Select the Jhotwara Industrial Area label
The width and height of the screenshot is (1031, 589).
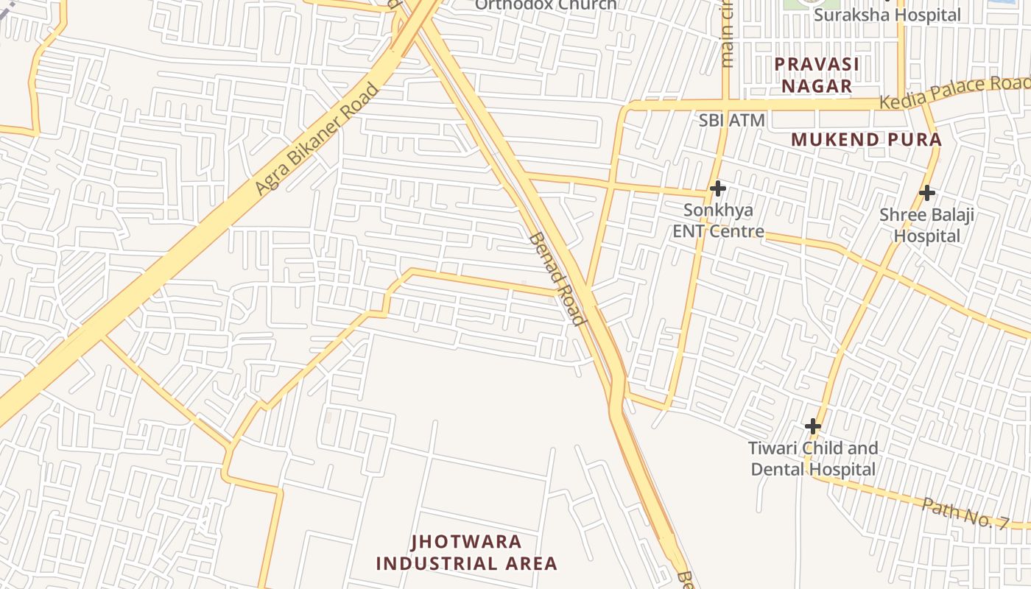(466, 553)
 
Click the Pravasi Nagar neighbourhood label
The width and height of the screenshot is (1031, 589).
(817, 74)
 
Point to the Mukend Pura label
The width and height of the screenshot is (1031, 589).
(867, 139)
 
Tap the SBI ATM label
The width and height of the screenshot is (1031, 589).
(732, 120)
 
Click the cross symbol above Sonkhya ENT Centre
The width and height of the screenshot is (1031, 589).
(717, 188)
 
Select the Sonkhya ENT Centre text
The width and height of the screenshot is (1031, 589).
(718, 220)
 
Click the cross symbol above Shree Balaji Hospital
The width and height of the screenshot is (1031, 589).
(927, 193)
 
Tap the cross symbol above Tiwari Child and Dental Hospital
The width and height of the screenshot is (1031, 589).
(813, 426)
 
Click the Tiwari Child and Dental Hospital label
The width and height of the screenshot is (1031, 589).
(813, 459)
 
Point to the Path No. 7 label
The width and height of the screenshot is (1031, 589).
(965, 512)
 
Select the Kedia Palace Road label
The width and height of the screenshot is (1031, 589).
(955, 92)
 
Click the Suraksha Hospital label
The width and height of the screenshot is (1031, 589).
(887, 15)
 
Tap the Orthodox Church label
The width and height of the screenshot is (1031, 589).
(546, 4)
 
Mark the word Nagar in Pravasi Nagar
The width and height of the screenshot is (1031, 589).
(817, 85)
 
